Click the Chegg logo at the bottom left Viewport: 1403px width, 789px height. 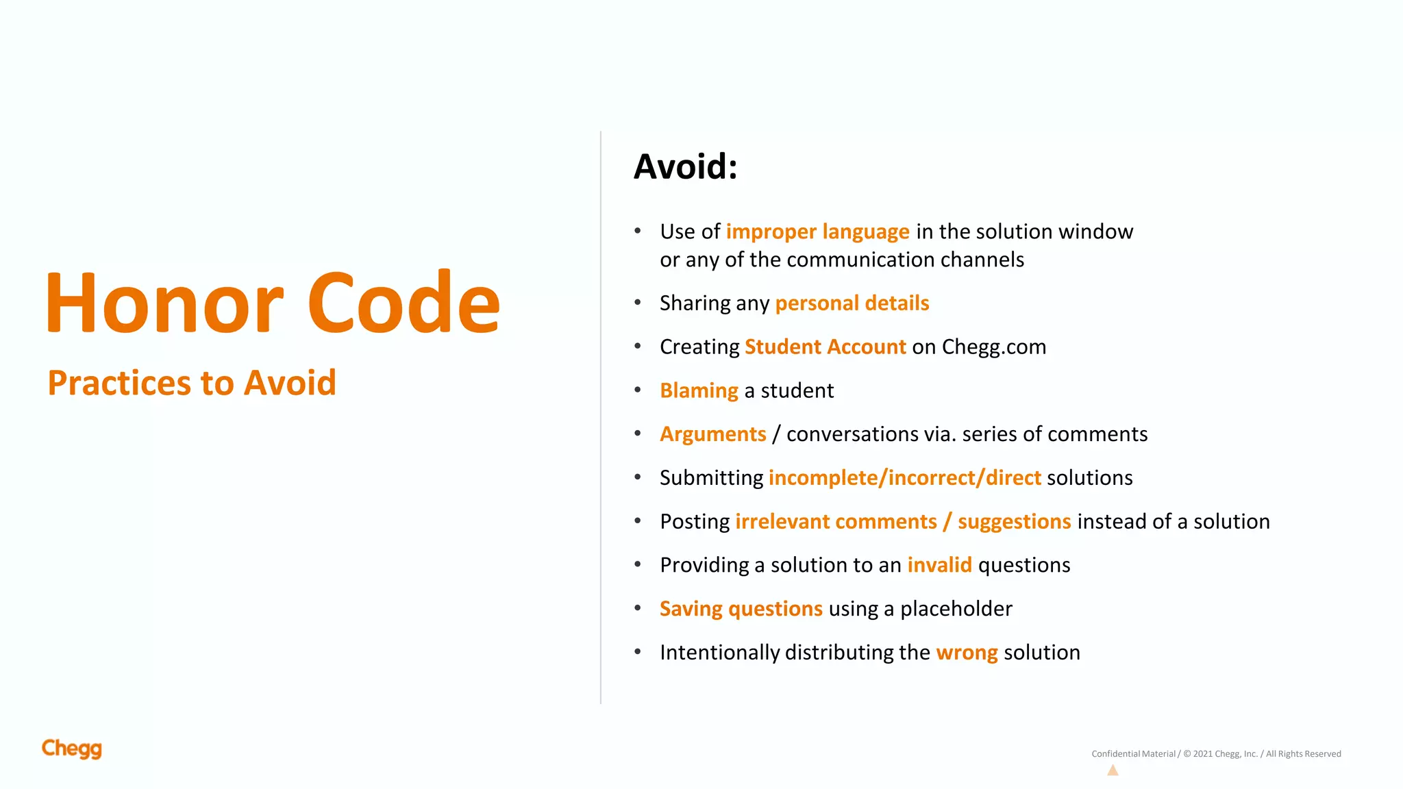[x=72, y=749]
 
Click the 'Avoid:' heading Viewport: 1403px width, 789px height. [x=685, y=166]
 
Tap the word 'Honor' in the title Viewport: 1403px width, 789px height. [x=164, y=303]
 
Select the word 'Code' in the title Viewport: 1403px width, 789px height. [x=404, y=303]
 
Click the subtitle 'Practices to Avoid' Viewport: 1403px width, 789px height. [x=192, y=383]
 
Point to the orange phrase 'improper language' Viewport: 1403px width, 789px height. [x=817, y=231]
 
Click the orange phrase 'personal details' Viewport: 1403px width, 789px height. [x=852, y=303]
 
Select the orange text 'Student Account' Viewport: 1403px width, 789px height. [x=825, y=347]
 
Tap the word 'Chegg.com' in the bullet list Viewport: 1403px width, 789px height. [x=993, y=347]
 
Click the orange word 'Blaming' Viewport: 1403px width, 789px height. [x=699, y=390]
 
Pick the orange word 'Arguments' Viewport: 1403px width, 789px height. [x=712, y=434]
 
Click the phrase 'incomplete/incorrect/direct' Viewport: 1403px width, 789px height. [x=904, y=477]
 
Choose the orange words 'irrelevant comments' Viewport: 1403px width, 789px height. [x=836, y=521]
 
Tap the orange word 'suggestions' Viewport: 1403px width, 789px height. [x=1014, y=522]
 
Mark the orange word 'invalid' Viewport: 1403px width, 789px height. [x=939, y=565]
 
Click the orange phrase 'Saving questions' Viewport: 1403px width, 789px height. [x=741, y=609]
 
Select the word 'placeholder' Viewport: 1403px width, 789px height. [x=956, y=609]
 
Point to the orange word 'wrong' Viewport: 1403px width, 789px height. [x=966, y=653]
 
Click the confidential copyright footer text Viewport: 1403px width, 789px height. [x=1216, y=754]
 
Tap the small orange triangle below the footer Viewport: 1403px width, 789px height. [x=1113, y=771]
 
